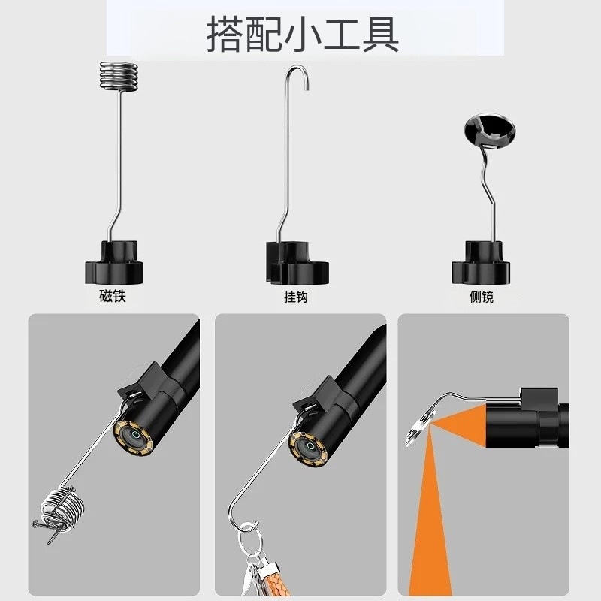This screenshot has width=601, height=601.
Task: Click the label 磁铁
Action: click(x=113, y=297)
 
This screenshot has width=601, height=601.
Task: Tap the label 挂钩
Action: click(x=296, y=297)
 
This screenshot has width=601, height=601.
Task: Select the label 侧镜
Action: click(x=481, y=297)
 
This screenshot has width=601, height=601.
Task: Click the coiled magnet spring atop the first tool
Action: click(x=119, y=75)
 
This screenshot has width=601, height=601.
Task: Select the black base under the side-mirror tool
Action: click(x=481, y=264)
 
